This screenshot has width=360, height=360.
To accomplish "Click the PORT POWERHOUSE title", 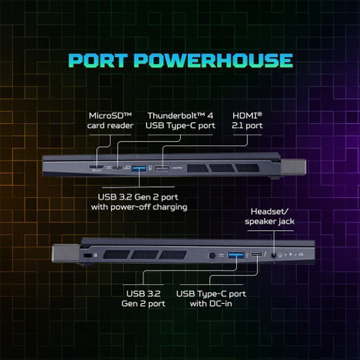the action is click(x=181, y=61).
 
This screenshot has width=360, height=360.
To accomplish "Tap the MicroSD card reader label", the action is click(x=110, y=121).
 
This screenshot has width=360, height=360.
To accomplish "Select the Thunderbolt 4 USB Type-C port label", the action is click(x=180, y=121).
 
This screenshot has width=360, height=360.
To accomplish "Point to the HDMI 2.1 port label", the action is click(x=247, y=121).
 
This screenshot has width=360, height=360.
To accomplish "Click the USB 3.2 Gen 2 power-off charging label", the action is click(x=139, y=202).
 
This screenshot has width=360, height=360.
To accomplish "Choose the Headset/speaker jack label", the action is click(x=269, y=217).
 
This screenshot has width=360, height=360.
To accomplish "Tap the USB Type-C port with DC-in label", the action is click(x=211, y=298).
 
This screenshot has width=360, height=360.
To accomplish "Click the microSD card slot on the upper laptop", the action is click(x=96, y=166).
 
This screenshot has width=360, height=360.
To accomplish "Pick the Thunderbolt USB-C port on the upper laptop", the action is click(x=117, y=168).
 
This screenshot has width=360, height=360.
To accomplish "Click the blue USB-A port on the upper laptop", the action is click(x=139, y=169).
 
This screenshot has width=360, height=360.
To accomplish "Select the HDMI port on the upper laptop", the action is click(x=162, y=168).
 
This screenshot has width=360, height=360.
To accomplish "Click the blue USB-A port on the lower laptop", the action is click(x=235, y=255).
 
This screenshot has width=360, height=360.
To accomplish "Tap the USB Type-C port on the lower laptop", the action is click(x=256, y=255).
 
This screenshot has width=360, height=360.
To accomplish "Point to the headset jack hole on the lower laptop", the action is click(x=274, y=256).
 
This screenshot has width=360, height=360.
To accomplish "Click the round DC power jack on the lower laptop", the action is click(x=212, y=256).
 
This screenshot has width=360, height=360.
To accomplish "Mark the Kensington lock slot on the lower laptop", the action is click(x=88, y=255).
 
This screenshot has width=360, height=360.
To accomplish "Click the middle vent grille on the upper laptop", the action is click(x=222, y=168).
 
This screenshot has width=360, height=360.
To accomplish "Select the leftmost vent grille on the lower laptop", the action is click(x=117, y=255).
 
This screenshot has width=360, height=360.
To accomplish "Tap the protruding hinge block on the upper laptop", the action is click(x=293, y=167).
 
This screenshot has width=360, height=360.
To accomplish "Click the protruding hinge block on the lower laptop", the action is click(x=66, y=253).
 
